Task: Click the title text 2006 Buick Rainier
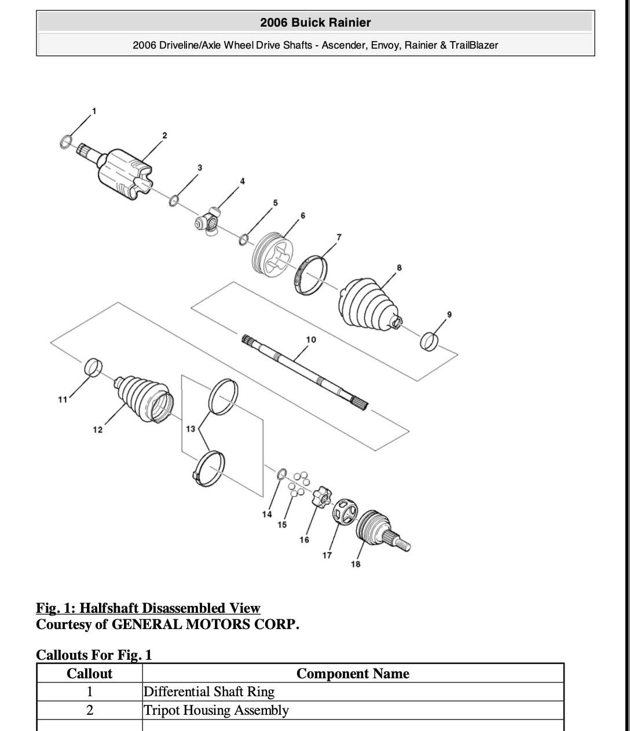[x=315, y=23]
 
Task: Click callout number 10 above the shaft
[x=311, y=339]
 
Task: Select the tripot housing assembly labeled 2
[x=124, y=173]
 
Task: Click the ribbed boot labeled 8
[x=368, y=306]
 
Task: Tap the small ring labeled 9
[x=428, y=341]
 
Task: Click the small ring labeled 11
[x=93, y=367]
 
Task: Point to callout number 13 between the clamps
[x=191, y=429]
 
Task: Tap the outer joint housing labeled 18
[x=379, y=531]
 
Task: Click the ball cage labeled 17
[x=345, y=511]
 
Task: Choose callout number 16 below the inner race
[x=304, y=540]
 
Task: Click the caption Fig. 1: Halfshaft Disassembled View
[x=148, y=608]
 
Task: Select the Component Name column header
[x=353, y=674]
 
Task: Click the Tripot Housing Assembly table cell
[x=216, y=710]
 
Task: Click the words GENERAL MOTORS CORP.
[x=206, y=624]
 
